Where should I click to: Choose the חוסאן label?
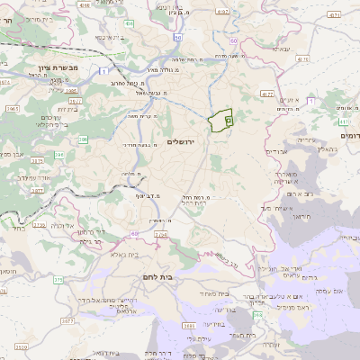point(9,271)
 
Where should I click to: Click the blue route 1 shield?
point(105,70)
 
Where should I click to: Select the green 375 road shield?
point(58,280)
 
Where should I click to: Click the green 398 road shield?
point(188,326)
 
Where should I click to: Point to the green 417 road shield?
point(266,92)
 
